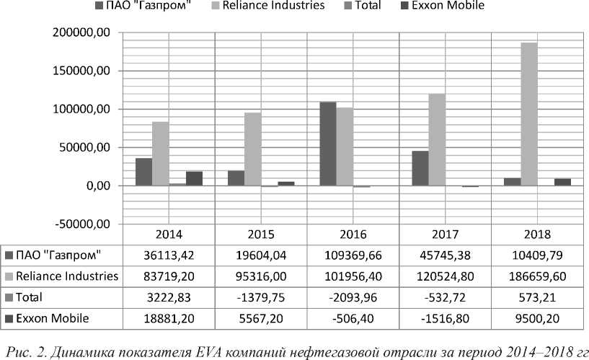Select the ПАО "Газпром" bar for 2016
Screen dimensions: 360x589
click(328, 144)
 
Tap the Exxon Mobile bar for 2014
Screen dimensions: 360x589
click(194, 178)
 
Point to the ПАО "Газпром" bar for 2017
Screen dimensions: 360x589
click(420, 168)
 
